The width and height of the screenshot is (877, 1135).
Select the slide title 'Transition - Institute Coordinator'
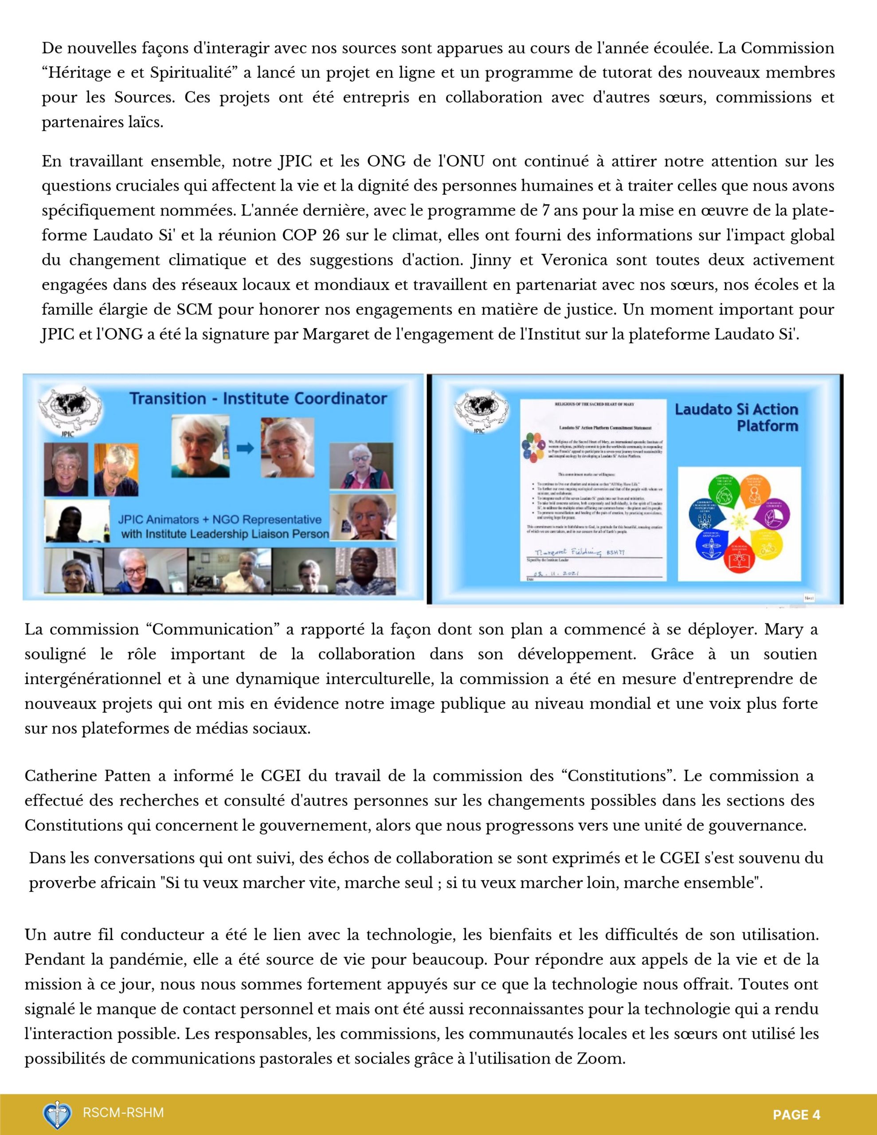pyautogui.click(x=258, y=399)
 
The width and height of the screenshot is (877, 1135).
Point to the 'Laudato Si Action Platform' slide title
pyautogui.click(x=736, y=417)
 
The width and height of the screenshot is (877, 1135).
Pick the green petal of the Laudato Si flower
pyautogui.click(x=724, y=491)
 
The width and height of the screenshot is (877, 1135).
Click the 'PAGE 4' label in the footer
pyautogui.click(x=796, y=1114)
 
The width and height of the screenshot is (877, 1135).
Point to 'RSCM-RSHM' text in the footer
pyautogui.click(x=123, y=1113)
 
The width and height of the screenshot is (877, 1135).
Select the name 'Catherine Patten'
pyautogui.click(x=87, y=776)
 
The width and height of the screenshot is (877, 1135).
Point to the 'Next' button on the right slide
pyautogui.click(x=808, y=598)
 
